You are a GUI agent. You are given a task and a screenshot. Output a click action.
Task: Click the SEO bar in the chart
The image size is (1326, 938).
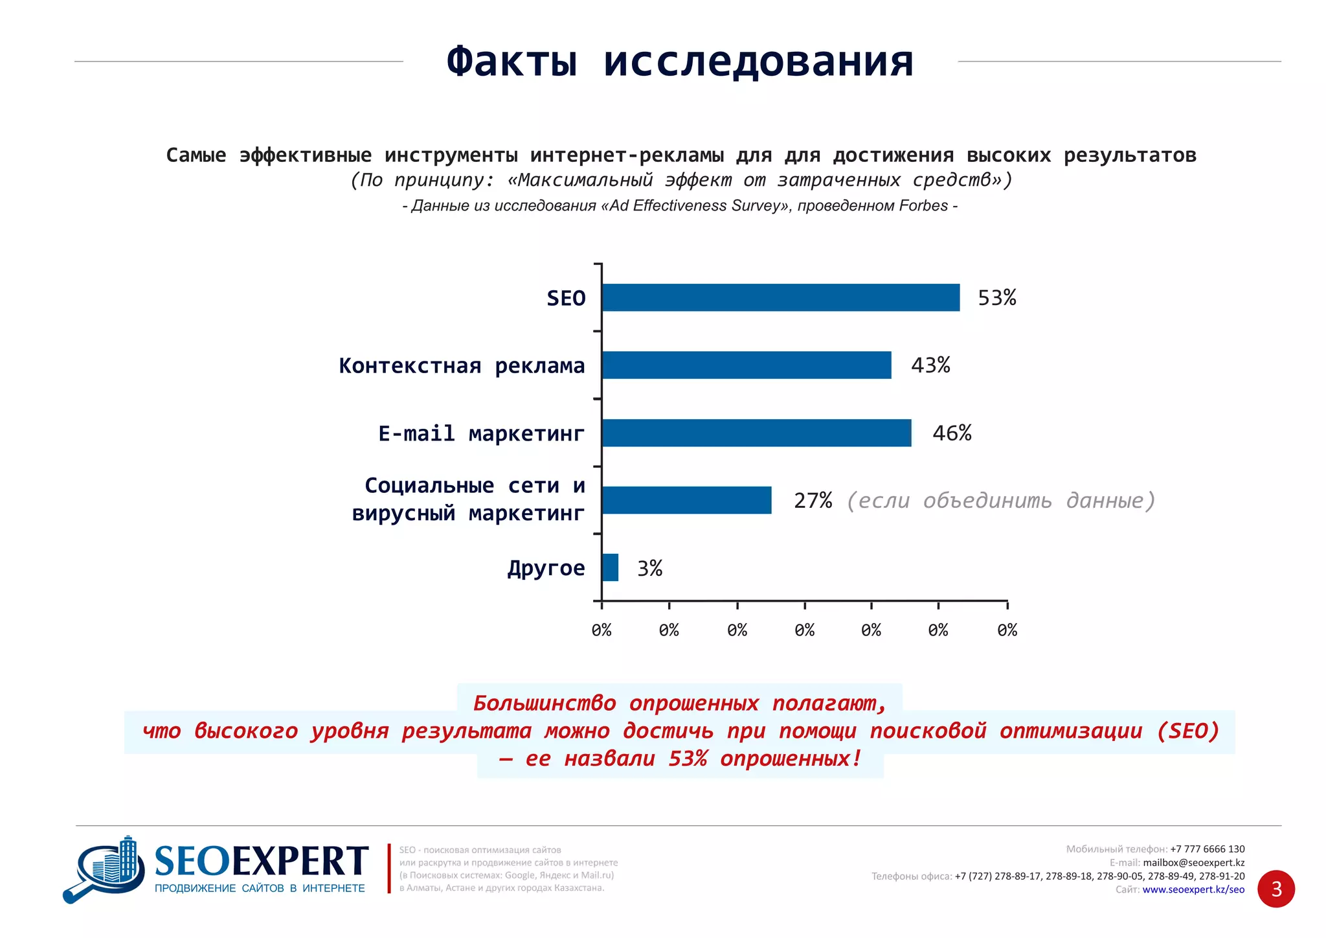tap(780, 297)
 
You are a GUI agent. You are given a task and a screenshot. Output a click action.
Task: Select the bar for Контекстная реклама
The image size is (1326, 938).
tap(746, 365)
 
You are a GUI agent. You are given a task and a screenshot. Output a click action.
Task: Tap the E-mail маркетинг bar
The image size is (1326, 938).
tap(756, 433)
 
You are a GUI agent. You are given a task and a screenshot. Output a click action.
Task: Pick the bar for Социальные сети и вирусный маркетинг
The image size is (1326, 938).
tap(686, 500)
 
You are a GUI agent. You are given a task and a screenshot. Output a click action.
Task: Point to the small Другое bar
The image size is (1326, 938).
tap(610, 567)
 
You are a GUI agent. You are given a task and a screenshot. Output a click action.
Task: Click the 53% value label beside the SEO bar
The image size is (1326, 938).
tap(996, 297)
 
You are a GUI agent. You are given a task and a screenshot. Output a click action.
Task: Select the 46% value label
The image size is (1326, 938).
tap(951, 433)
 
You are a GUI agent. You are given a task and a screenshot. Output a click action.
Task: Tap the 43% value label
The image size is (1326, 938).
tap(930, 365)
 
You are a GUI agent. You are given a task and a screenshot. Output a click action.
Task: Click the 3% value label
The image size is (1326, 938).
tap(649, 568)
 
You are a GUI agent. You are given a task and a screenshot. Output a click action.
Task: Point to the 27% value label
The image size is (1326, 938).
tap(813, 500)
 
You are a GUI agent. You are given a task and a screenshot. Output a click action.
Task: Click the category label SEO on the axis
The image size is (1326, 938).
tap(566, 298)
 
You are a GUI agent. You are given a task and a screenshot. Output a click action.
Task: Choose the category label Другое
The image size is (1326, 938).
tap(546, 568)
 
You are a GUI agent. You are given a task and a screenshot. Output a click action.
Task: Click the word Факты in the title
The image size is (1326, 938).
tap(511, 62)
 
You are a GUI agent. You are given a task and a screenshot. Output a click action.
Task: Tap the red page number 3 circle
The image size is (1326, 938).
tap(1276, 889)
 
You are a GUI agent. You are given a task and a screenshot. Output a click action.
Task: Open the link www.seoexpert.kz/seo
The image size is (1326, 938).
tap(1193, 889)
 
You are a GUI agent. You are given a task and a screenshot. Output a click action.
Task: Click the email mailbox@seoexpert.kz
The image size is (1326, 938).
tap(1193, 863)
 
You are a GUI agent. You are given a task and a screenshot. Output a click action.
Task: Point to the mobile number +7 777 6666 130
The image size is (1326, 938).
tap(1207, 849)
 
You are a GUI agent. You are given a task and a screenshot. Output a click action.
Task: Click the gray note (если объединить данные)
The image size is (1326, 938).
tap(1000, 500)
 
